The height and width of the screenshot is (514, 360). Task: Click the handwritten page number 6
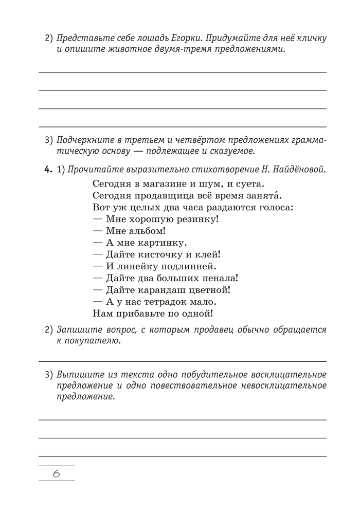pos(57,473)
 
